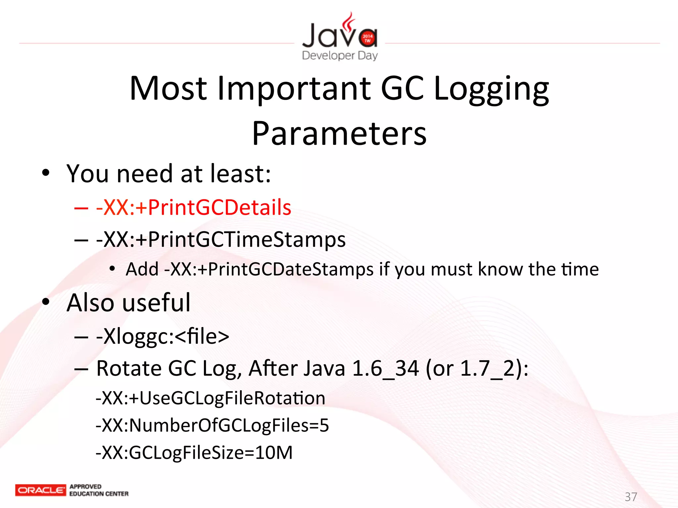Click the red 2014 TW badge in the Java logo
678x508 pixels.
pos(367,38)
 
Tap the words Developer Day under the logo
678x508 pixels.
pos(340,55)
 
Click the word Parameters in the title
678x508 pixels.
pos(339,133)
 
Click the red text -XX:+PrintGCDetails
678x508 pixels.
pos(194,208)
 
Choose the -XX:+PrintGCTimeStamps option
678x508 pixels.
pos(221,239)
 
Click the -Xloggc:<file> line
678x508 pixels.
pos(163,337)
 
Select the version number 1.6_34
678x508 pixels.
pos(385,369)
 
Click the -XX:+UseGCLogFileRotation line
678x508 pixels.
pos(211,398)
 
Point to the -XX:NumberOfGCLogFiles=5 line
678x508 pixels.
pos(212,425)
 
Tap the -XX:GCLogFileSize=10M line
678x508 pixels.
pos(194,452)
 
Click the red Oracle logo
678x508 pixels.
pos(40,490)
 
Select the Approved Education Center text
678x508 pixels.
pos(99,490)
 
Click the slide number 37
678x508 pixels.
pos(631,497)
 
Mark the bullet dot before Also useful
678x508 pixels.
pos(46,302)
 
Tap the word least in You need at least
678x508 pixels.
pos(237,174)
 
